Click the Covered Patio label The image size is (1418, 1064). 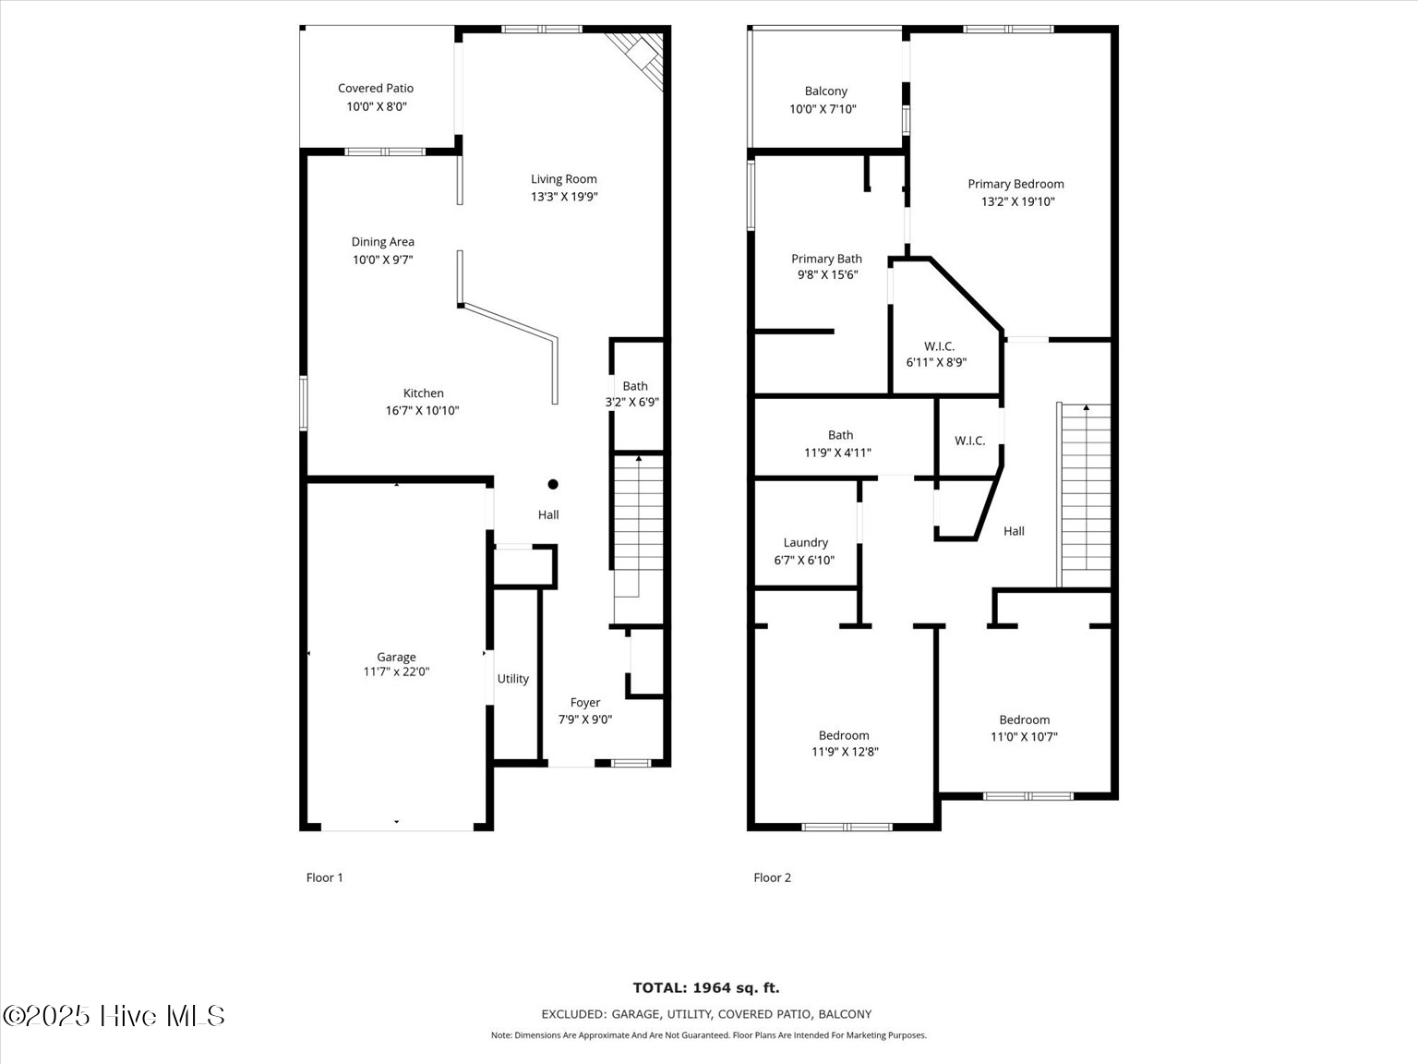click(x=376, y=89)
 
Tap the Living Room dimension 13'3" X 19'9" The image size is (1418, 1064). click(x=564, y=197)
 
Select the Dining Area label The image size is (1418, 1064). click(x=382, y=242)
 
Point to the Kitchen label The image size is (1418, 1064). click(x=423, y=393)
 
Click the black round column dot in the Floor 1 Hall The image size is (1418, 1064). click(x=553, y=484)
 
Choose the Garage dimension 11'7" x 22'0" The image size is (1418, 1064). click(x=396, y=672)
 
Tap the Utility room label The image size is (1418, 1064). click(x=513, y=679)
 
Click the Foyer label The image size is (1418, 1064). click(x=585, y=703)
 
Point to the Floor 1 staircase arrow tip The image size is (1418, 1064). click(x=639, y=458)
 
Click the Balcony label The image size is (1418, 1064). click(x=825, y=91)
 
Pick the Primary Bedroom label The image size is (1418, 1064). click(x=1015, y=185)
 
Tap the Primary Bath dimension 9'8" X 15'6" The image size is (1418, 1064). click(x=828, y=275)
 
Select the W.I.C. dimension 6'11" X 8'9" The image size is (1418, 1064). click(x=936, y=363)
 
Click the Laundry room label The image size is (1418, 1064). click(x=805, y=543)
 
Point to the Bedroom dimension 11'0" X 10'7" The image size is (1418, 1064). click(x=1024, y=737)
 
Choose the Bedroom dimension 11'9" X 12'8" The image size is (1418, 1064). click(x=845, y=752)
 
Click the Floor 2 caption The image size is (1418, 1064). click(x=772, y=877)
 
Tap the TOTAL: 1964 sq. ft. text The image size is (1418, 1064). click(x=706, y=988)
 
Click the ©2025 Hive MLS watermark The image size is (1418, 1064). click(x=114, y=1016)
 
